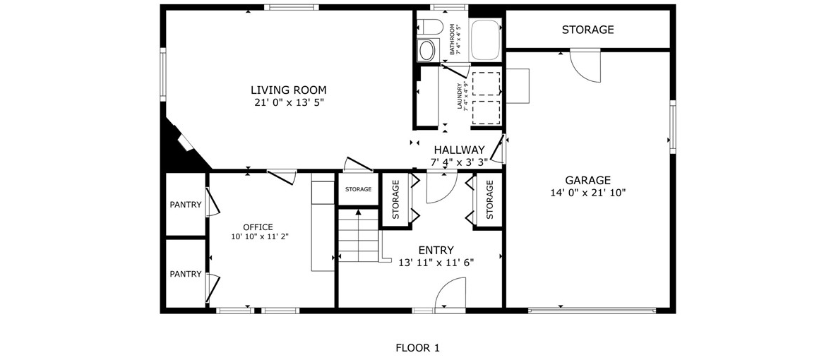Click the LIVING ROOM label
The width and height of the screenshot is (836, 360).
pos(289,90)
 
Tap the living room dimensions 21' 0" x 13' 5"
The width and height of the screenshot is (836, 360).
pos(289,102)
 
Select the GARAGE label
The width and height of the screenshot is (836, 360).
pos(588,180)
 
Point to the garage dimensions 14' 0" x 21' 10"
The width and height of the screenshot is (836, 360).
pos(588,193)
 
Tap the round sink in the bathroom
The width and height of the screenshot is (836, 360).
pos(426,51)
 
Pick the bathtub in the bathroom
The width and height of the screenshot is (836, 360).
pos(485,40)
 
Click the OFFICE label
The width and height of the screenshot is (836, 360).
pos(258,227)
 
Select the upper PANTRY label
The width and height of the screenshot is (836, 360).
pos(186,205)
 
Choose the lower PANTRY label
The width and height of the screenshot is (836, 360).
pos(186,274)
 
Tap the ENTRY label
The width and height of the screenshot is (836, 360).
pos(436,250)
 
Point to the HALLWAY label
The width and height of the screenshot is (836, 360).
pos(459,150)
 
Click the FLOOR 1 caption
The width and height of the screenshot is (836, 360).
pos(417,348)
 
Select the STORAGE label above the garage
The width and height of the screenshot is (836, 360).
pos(587,30)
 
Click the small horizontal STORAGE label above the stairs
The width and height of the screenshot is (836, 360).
pos(358,189)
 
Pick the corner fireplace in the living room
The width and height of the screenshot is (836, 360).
pos(185,143)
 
